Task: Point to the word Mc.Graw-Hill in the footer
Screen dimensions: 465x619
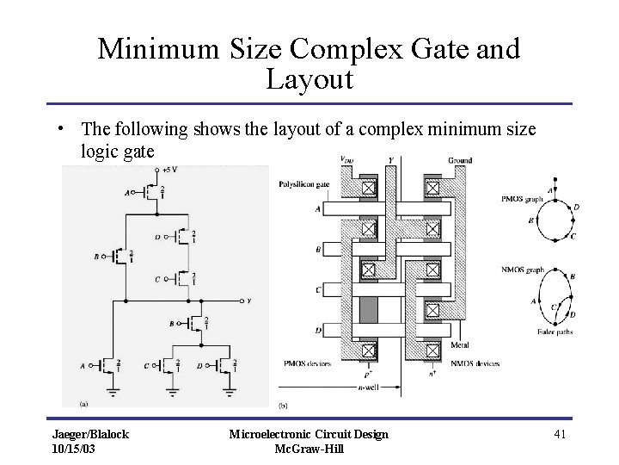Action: [x=309, y=449]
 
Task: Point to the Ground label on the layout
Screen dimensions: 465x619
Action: [x=460, y=161]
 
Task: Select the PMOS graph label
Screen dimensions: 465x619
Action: [x=521, y=201]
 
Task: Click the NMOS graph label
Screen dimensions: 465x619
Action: [x=522, y=270]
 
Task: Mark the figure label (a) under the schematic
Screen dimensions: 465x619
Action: [x=83, y=402]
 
